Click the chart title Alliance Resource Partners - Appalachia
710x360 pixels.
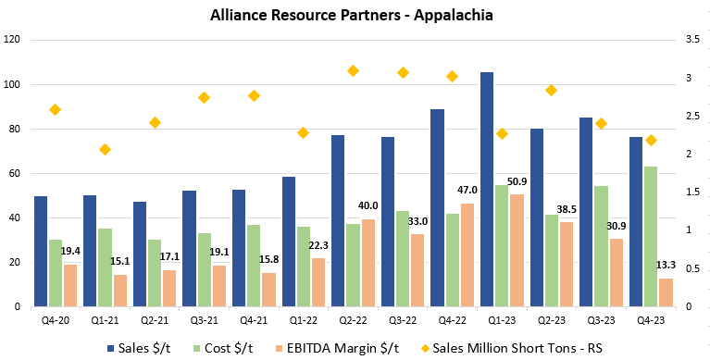pos(355,16)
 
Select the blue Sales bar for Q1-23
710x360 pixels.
pos(487,190)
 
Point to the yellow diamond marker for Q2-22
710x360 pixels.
pos(353,71)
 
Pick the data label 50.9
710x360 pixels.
pos(517,181)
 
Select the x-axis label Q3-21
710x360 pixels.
pos(204,320)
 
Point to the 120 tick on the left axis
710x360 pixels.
pos(13,41)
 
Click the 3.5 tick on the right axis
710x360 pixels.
pos(692,41)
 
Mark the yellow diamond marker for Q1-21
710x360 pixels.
pos(105,150)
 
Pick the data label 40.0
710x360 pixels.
pos(368,205)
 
